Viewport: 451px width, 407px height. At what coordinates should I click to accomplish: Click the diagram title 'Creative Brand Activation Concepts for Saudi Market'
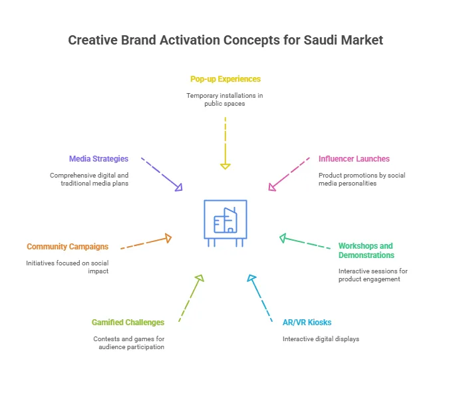coord(225,41)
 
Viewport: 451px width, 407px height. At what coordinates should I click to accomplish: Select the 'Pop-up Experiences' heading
coord(225,79)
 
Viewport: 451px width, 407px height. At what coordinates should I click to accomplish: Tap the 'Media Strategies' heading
coord(98,159)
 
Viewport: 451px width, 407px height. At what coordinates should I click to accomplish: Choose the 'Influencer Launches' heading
coord(354,159)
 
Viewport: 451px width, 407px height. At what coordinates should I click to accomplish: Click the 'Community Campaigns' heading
coord(67,247)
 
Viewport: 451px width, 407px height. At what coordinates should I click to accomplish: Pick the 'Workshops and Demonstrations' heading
coord(366,251)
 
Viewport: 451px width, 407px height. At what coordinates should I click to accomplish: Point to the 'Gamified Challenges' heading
coord(128,323)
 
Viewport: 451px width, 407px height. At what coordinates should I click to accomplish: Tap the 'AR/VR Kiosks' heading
coord(307,323)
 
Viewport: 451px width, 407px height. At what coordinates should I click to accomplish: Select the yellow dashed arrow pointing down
coord(225,142)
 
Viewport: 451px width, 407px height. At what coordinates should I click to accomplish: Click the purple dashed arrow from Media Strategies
coord(162,174)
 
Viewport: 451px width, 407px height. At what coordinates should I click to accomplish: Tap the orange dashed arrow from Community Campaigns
coord(146,243)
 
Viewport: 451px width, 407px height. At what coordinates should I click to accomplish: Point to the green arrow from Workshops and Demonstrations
coord(305,243)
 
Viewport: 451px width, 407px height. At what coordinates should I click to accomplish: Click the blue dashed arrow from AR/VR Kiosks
coord(261,299)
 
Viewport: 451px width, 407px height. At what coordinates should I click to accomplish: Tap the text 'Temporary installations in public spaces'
coord(225,100)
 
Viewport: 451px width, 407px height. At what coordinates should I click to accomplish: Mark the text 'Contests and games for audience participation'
coord(128,342)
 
